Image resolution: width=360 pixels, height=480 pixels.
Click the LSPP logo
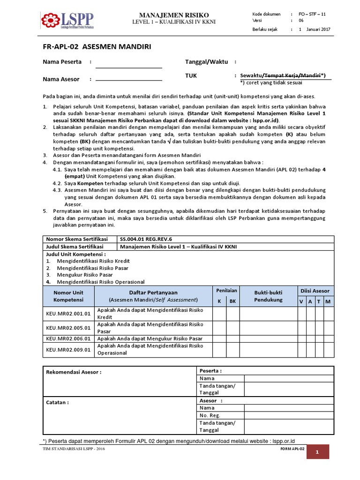tap(67, 21)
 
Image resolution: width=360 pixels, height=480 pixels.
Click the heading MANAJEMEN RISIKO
tap(173, 15)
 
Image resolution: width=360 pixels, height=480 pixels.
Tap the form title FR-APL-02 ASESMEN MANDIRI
tap(97, 47)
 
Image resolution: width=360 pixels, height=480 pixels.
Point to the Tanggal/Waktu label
tap(207, 62)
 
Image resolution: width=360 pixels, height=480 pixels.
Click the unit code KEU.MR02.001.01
tap(68, 314)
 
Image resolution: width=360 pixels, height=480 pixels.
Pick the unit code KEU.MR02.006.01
tap(68, 338)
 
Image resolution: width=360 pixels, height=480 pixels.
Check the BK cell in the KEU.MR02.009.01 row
tap(232, 349)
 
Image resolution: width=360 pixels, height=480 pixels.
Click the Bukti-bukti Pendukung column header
tap(269, 296)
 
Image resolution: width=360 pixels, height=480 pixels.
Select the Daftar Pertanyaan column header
tap(153, 296)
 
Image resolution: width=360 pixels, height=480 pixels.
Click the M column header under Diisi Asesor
tap(328, 301)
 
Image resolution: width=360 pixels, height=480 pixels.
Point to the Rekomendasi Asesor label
tap(74, 372)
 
